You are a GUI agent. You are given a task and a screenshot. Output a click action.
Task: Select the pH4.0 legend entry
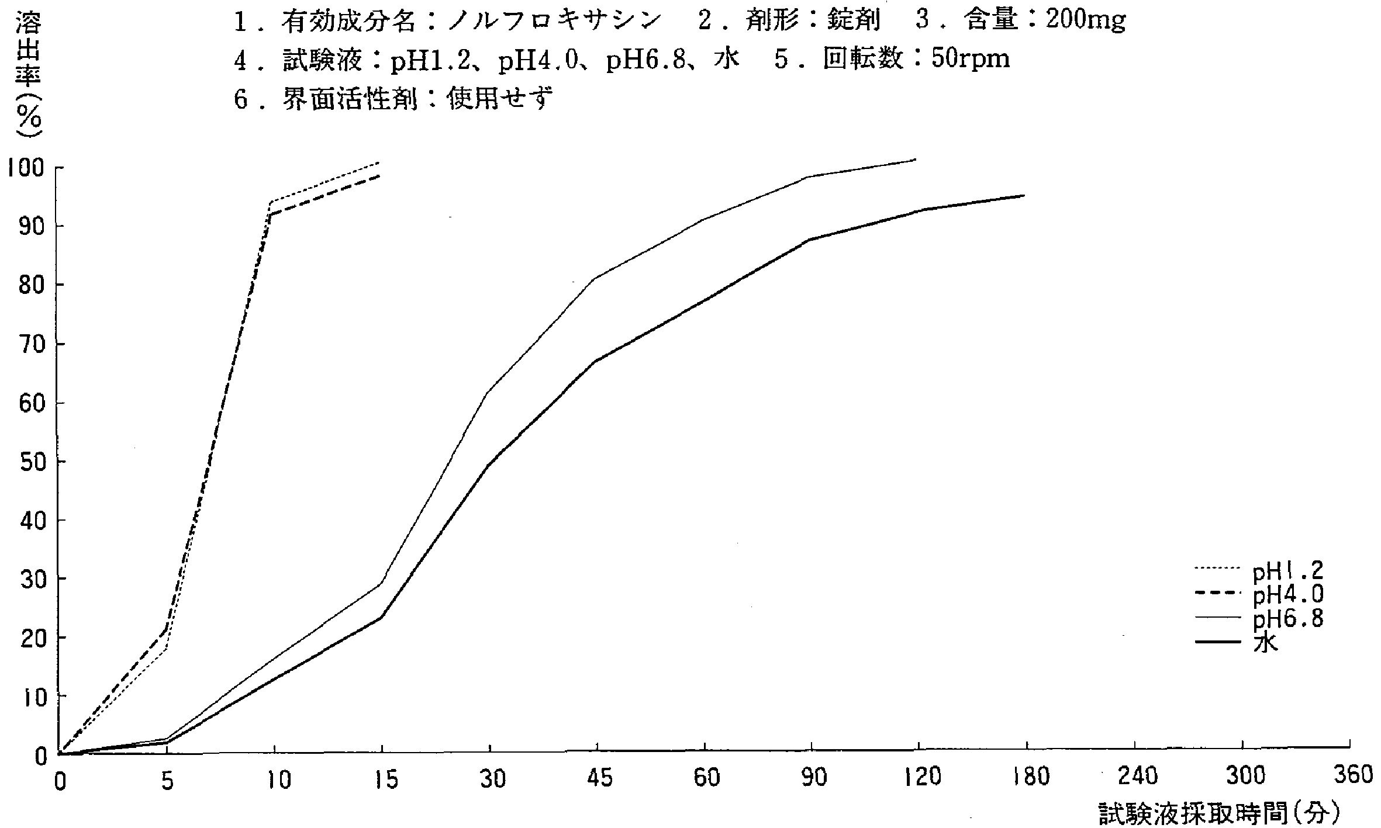[1286, 594]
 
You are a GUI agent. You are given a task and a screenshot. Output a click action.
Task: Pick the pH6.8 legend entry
[1286, 618]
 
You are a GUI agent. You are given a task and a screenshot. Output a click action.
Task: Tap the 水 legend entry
[1265, 643]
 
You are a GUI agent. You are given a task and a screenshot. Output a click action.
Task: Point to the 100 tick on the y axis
[25, 168]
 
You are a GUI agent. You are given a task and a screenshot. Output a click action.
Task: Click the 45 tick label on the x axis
[599, 778]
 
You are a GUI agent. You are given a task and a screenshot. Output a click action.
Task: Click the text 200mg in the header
[1085, 21]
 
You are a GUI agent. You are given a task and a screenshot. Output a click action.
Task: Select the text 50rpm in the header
[970, 59]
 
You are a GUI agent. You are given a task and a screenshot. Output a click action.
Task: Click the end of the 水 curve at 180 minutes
[1024, 195]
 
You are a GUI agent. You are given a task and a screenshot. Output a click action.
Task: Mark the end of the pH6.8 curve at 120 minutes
[916, 159]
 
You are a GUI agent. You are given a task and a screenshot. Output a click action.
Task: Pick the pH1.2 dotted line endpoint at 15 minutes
[380, 162]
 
